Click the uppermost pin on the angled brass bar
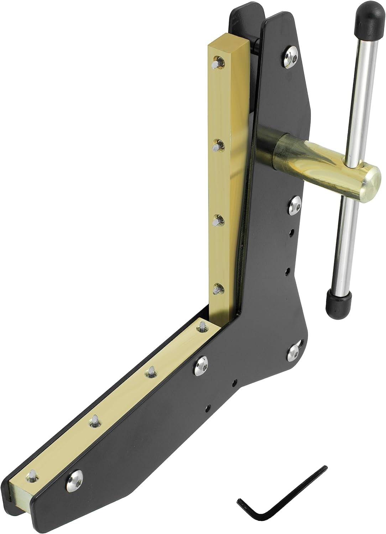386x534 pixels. [202, 326]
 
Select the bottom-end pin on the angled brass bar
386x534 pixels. [32, 477]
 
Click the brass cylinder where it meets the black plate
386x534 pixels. [281, 150]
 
